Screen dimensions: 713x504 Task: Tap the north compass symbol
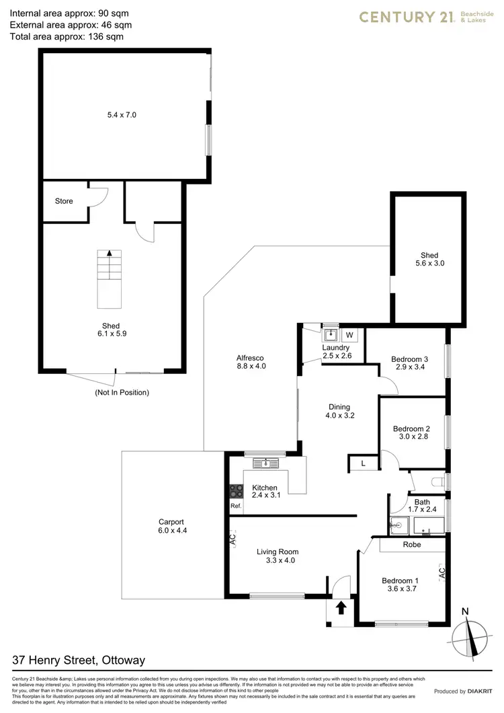[474, 636]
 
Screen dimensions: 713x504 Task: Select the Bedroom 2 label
[411, 428]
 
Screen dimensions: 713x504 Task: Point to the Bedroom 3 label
[409, 359]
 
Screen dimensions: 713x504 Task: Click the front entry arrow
[341, 607]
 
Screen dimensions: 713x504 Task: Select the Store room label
[64, 201]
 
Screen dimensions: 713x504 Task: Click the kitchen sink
[266, 462]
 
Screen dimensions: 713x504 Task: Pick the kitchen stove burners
[236, 491]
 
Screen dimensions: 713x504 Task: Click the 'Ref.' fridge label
[236, 506]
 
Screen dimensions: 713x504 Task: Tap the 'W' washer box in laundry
[349, 334]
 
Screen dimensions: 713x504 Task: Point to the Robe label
[411, 544]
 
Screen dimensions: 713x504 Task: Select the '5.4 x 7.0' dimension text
[122, 115]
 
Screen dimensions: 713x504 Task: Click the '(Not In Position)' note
[122, 392]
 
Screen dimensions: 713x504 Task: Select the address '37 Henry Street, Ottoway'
[79, 661]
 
